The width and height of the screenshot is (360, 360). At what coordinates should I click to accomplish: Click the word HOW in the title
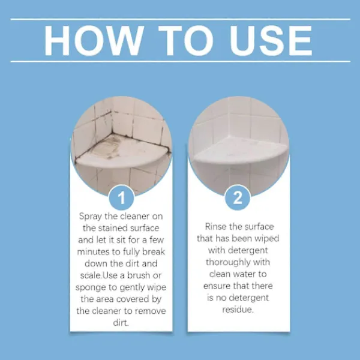[94, 40]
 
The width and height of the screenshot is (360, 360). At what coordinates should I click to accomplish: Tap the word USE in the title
[271, 40]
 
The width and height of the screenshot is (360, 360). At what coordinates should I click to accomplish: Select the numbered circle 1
[121, 197]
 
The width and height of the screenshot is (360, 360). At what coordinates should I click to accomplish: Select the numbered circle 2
[238, 197]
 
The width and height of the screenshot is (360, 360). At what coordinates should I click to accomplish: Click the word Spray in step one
[91, 217]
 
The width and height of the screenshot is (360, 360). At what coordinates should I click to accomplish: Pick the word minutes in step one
[93, 251]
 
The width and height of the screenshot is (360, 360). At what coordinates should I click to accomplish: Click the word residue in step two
[238, 310]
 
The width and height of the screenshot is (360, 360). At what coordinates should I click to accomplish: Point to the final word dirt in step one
[121, 323]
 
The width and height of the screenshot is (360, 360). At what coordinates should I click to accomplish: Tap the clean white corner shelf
[240, 151]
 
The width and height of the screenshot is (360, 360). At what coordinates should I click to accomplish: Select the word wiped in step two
[267, 239]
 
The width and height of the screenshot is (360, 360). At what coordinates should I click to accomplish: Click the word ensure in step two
[217, 286]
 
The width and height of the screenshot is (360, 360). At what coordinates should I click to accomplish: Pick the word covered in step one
[133, 299]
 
